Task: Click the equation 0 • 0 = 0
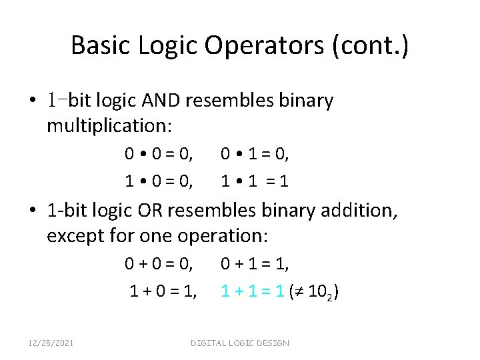(x=159, y=155)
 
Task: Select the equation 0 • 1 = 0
(x=255, y=155)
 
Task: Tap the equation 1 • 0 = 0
(x=159, y=181)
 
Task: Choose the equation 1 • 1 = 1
(x=255, y=181)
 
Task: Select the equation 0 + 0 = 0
(x=159, y=265)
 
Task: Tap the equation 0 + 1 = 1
(x=255, y=265)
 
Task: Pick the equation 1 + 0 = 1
(x=162, y=291)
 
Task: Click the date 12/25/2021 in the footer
(x=51, y=343)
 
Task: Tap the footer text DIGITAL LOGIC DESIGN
(x=240, y=343)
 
